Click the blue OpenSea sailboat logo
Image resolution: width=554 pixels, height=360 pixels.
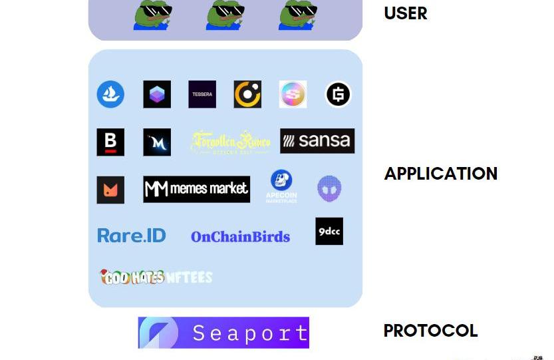click(x=110, y=94)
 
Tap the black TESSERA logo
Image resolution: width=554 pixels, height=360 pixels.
click(x=202, y=94)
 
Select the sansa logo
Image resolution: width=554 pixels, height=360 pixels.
click(x=317, y=141)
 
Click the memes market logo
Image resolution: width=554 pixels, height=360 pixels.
click(x=197, y=189)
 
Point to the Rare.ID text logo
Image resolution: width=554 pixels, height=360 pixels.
click(x=132, y=236)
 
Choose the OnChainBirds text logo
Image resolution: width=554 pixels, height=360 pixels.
click(x=240, y=237)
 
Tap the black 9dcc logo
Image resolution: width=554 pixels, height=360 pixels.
click(x=329, y=232)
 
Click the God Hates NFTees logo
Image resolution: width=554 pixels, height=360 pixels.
click(x=156, y=276)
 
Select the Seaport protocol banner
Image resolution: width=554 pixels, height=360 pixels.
click(x=223, y=333)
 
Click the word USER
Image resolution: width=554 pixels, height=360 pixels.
click(x=406, y=13)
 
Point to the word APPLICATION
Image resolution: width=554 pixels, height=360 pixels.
click(x=441, y=174)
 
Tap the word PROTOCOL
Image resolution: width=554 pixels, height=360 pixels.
click(x=430, y=331)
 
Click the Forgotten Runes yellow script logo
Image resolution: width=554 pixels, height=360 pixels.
click(x=230, y=142)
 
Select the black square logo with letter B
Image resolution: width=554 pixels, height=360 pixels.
click(x=110, y=142)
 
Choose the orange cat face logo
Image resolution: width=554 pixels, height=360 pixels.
click(x=110, y=190)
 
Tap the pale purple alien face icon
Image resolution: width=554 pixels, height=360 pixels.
click(x=329, y=189)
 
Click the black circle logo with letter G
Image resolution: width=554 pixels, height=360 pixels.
click(x=338, y=94)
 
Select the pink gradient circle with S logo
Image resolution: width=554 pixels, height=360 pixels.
click(x=293, y=94)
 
